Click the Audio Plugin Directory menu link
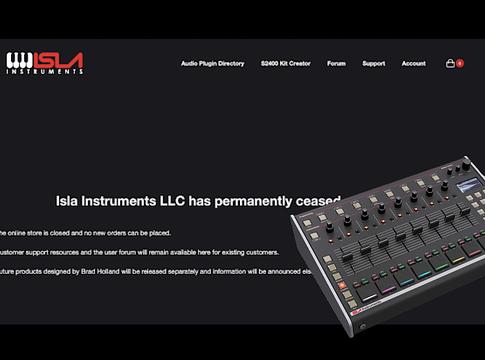[212, 63]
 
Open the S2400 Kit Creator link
[285, 63]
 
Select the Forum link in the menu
[336, 63]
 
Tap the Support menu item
[373, 63]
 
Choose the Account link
[413, 63]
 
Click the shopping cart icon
[450, 63]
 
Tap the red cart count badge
[460, 63]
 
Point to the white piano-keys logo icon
[20, 61]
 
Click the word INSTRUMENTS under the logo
[44, 73]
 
